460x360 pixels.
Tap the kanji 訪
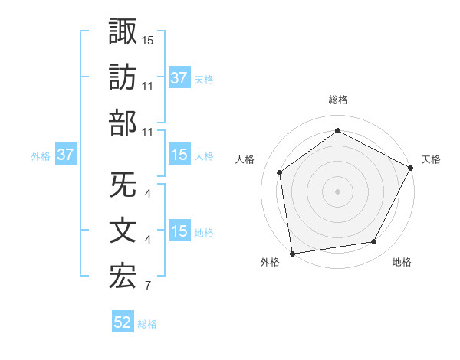tap(123, 77)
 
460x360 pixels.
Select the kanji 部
tap(123, 123)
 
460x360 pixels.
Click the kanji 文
tap(123, 231)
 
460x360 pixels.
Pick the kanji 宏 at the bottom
tap(123, 277)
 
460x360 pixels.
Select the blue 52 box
tap(123, 323)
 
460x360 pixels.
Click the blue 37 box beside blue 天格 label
tap(179, 77)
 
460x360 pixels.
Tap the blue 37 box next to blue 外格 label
tap(66, 155)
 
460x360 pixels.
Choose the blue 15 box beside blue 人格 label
tap(179, 155)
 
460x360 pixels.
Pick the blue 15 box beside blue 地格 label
tap(179, 231)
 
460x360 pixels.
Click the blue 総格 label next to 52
tap(147, 324)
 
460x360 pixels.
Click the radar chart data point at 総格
tap(337, 131)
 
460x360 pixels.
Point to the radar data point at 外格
tap(292, 253)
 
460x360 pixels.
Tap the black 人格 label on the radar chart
tap(245, 159)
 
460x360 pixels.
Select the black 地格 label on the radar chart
tap(402, 263)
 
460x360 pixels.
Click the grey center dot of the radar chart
tap(337, 191)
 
